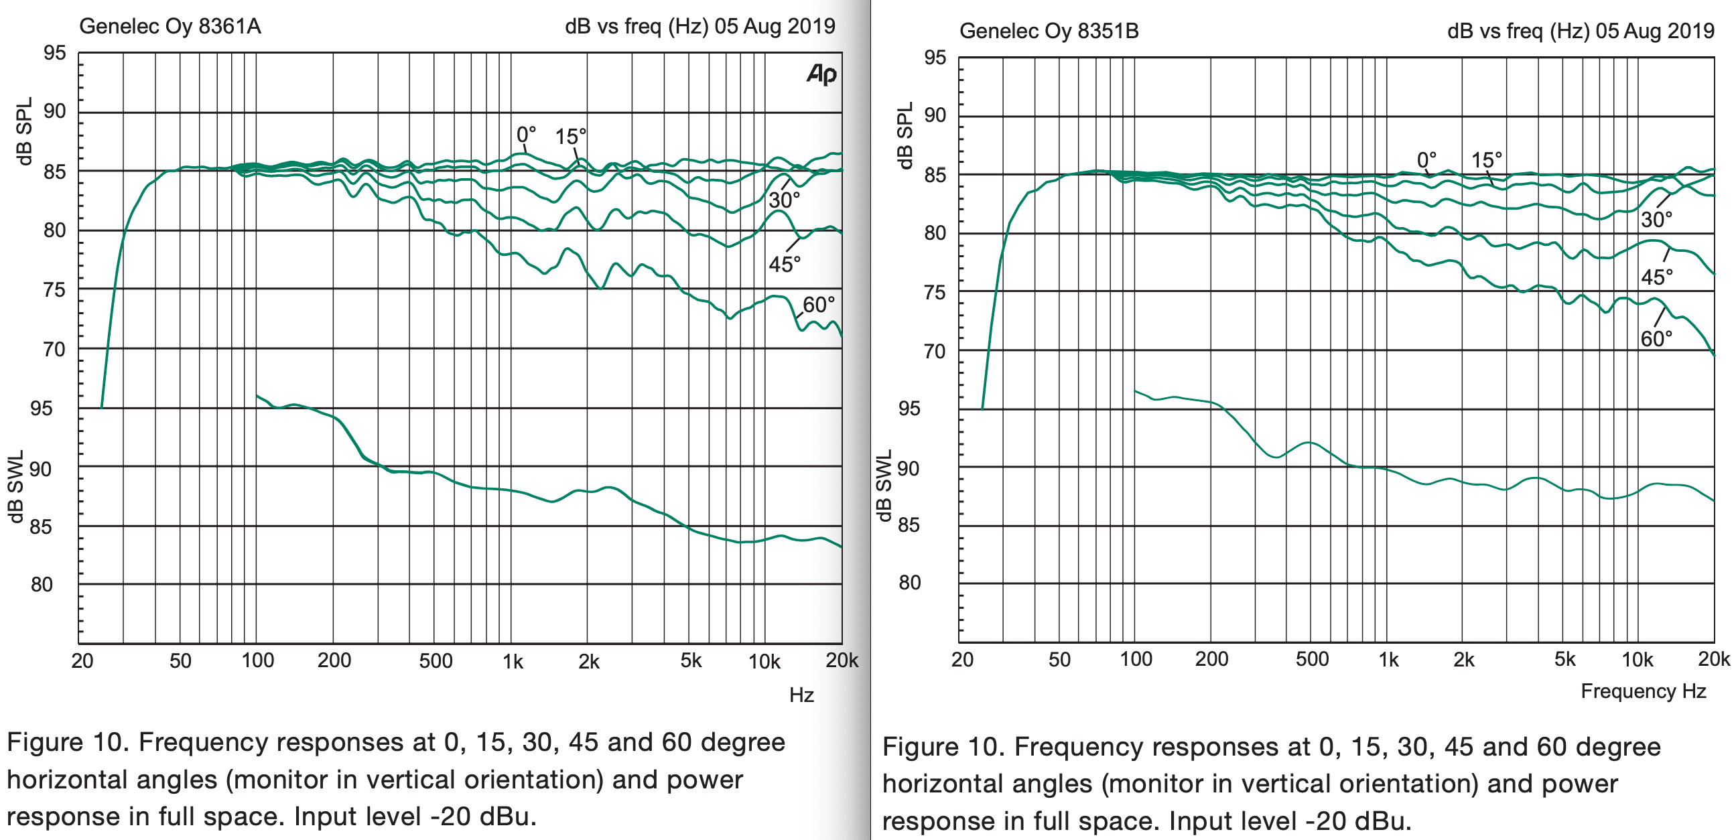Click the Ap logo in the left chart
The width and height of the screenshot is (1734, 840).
821,74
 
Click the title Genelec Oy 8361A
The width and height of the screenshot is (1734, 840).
170,26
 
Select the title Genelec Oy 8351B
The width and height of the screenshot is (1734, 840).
1049,31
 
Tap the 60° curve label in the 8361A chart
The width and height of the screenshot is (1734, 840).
819,305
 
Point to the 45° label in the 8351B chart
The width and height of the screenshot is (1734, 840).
1656,277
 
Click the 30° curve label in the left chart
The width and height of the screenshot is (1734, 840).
784,200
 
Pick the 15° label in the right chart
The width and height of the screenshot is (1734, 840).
1486,160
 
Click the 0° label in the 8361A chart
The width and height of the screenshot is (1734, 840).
527,135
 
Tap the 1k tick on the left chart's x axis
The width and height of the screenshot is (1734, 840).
513,662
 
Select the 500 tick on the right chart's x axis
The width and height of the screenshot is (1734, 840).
1312,659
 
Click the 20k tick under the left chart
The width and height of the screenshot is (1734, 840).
842,660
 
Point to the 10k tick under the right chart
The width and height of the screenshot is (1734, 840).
1637,659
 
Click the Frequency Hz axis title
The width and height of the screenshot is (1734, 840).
1643,691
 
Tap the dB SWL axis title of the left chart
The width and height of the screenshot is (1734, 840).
16,486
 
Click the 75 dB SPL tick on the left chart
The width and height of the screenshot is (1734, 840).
54,290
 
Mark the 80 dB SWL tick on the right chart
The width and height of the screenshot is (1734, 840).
909,582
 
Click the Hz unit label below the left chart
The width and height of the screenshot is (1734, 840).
802,695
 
